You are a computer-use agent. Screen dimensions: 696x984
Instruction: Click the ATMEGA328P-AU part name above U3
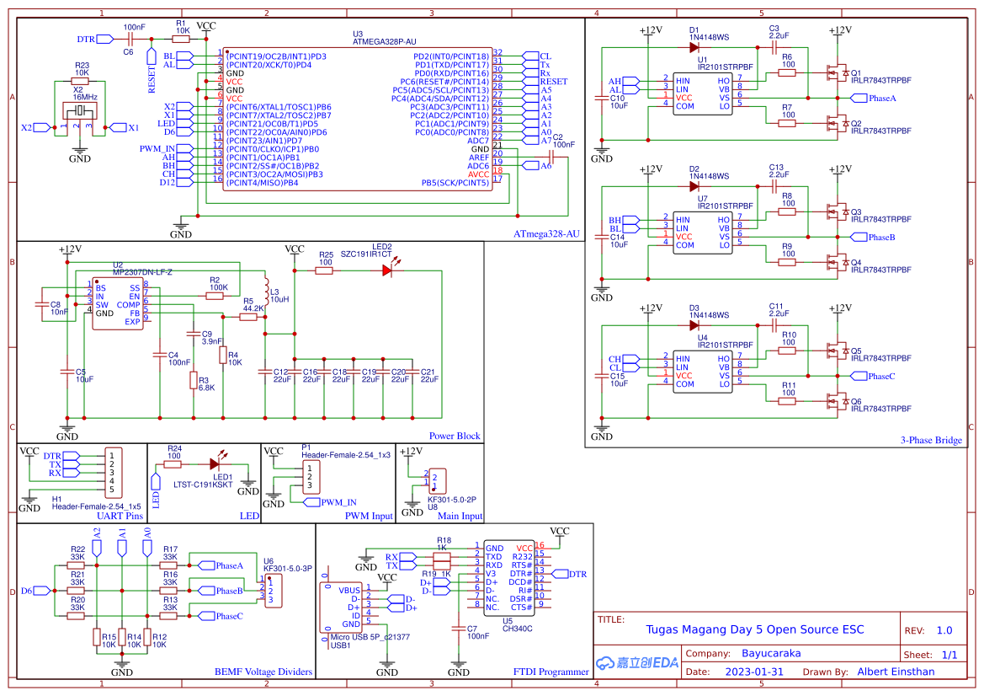pos(384,40)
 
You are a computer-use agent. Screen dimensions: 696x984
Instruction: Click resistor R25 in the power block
pos(325,270)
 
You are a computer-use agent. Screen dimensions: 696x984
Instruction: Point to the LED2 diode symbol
pos(387,270)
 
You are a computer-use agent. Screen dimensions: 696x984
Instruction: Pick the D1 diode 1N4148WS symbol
pos(694,47)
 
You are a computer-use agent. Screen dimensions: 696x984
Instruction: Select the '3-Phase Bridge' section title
pos(930,440)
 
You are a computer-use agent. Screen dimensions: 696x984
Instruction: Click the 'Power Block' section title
pos(455,436)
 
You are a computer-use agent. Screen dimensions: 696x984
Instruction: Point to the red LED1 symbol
pos(215,463)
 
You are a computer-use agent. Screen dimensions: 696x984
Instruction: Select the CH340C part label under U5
pos(519,628)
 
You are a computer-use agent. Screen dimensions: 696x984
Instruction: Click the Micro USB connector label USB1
pos(341,645)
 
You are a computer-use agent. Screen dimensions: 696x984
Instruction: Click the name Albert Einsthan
pos(896,672)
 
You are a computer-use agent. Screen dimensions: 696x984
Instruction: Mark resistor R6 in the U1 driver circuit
pos(787,72)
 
